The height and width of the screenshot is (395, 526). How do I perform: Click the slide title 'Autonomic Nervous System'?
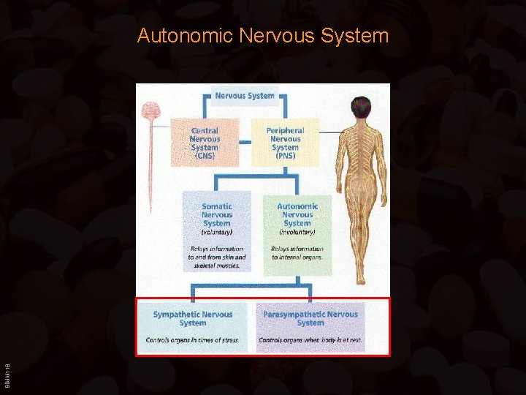pyautogui.click(x=262, y=35)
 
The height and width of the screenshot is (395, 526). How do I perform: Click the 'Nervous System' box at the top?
pyautogui.click(x=245, y=95)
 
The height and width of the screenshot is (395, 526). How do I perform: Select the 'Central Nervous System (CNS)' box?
pyautogui.click(x=205, y=143)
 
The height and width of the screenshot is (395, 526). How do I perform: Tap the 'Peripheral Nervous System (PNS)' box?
pyautogui.click(x=285, y=143)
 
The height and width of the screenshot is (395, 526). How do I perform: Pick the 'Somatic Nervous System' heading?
pyautogui.click(x=217, y=215)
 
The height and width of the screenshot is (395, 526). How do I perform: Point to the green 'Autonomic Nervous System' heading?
pyautogui.click(x=297, y=215)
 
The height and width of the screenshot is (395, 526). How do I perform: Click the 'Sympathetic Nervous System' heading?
pyautogui.click(x=193, y=318)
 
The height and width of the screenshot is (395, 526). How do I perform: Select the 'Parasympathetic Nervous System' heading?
pyautogui.click(x=310, y=318)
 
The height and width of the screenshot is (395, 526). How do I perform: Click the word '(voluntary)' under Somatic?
pyautogui.click(x=217, y=232)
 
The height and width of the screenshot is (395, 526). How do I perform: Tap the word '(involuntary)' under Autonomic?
pyautogui.click(x=297, y=232)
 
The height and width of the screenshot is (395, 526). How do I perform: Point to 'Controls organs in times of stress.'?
pyautogui.click(x=193, y=340)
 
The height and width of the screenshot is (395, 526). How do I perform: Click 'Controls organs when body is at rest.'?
pyautogui.click(x=310, y=340)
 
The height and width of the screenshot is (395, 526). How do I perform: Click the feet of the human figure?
pyautogui.click(x=360, y=279)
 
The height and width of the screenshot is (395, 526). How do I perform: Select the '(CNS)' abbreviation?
pyautogui.click(x=205, y=156)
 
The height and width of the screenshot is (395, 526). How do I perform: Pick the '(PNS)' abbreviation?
pyautogui.click(x=285, y=156)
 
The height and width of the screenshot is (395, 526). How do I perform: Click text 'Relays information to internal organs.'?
pyautogui.click(x=297, y=253)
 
